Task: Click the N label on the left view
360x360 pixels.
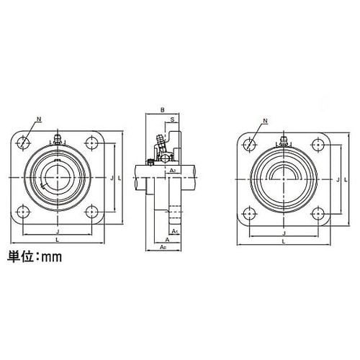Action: tap(37, 119)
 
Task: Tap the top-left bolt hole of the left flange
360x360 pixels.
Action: tap(24, 142)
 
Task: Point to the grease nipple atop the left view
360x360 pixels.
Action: tap(57, 138)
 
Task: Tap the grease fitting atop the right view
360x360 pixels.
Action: tap(284, 140)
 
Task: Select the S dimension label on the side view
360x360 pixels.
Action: tap(174, 120)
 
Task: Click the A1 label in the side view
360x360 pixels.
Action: tap(176, 230)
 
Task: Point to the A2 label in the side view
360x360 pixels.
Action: tap(174, 170)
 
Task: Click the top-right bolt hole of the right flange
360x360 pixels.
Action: tap(318, 143)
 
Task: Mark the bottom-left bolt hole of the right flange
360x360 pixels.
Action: tap(249, 212)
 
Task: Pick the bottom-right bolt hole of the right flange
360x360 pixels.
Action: tap(318, 212)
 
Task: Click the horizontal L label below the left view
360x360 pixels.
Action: tap(57, 240)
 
